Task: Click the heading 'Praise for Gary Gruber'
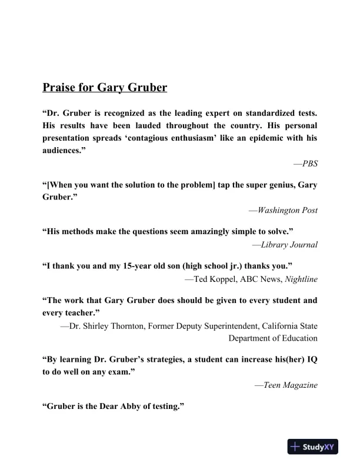(105, 88)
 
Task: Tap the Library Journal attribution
(288, 244)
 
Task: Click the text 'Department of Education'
(273, 338)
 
